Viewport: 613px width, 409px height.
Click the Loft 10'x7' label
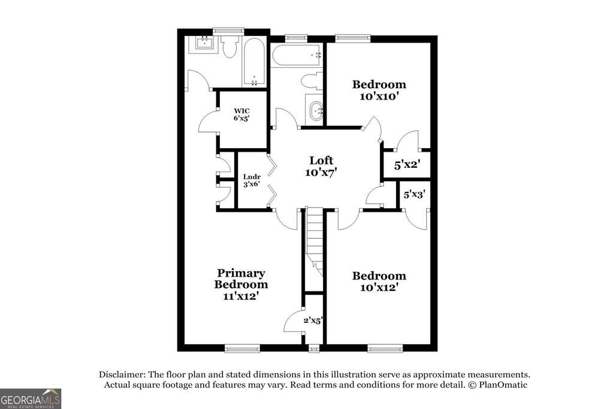pyautogui.click(x=321, y=166)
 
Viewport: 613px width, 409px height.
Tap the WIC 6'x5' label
pyautogui.click(x=241, y=114)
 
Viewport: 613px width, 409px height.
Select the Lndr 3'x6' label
pyautogui.click(x=252, y=181)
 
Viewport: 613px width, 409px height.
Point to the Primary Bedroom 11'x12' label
pyautogui.click(x=241, y=284)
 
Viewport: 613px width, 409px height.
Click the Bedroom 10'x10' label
pyautogui.click(x=379, y=90)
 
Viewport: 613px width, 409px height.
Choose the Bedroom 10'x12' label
pyautogui.click(x=379, y=281)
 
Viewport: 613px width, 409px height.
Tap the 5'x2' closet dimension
pyautogui.click(x=406, y=164)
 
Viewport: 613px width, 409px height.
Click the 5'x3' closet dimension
pyautogui.click(x=415, y=194)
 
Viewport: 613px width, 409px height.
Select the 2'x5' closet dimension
pyautogui.click(x=313, y=320)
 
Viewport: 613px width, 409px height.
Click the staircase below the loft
pyautogui.click(x=315, y=240)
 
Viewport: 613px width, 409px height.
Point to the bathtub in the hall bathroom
pyautogui.click(x=297, y=57)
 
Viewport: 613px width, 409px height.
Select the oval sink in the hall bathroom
pyautogui.click(x=315, y=110)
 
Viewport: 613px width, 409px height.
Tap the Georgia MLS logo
pyautogui.click(x=31, y=398)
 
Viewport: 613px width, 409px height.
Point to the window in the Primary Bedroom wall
pyautogui.click(x=242, y=348)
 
